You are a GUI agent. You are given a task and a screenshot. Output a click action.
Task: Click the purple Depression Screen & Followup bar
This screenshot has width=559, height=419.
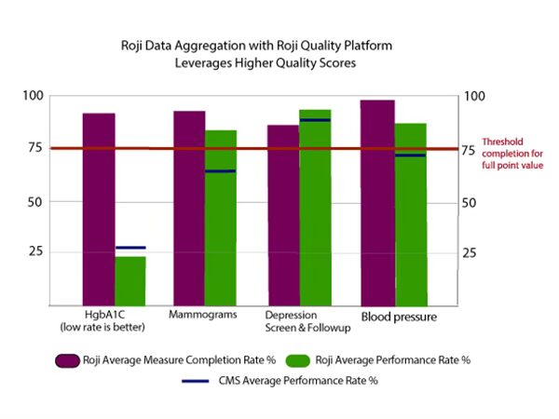pyautogui.click(x=282, y=214)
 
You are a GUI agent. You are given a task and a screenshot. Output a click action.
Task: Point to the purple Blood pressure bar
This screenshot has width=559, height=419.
pyautogui.click(x=378, y=201)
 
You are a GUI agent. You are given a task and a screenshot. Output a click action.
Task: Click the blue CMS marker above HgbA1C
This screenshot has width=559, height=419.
pyautogui.click(x=130, y=248)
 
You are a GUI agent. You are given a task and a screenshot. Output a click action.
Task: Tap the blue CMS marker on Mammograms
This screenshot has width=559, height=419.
pyautogui.click(x=221, y=171)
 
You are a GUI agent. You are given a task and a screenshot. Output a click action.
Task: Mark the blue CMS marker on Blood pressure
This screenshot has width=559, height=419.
pyautogui.click(x=410, y=155)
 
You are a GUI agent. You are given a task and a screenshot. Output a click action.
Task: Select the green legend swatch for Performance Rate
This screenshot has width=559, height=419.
pyautogui.click(x=295, y=361)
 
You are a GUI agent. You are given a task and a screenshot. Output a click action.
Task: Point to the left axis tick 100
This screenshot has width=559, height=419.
pyautogui.click(x=34, y=96)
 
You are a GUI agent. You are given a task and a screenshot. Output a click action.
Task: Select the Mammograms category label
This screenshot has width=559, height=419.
pyautogui.click(x=202, y=315)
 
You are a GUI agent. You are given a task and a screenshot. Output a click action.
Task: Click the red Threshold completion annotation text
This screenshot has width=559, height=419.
pyautogui.click(x=512, y=154)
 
